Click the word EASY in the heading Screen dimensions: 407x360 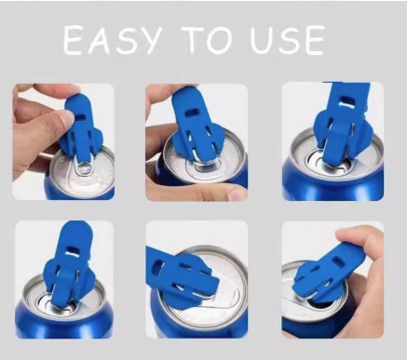[113, 40]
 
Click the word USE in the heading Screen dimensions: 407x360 [288, 40]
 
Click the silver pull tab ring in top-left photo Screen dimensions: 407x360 [83, 169]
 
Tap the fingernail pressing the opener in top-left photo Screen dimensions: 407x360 [68, 117]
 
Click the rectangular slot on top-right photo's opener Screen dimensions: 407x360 [346, 102]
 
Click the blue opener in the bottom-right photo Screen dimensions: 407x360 [329, 271]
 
